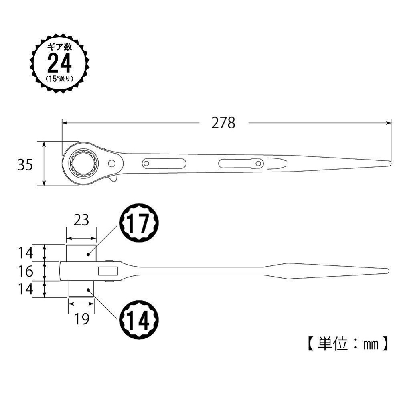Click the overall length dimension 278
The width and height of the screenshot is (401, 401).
[223, 123]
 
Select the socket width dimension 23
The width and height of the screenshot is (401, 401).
[81, 220]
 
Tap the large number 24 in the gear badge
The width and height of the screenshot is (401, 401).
[59, 63]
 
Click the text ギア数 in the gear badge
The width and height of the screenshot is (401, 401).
[59, 47]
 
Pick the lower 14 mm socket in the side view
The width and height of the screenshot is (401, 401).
[81, 289]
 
